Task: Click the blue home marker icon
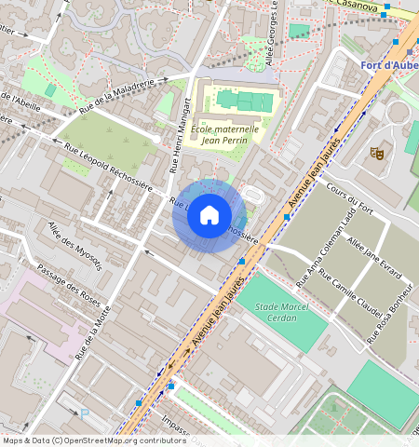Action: point(209,216)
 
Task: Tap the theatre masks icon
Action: point(378,152)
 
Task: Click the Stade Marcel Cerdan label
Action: point(282,312)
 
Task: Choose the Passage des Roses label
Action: point(67,284)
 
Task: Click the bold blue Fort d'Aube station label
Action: point(388,65)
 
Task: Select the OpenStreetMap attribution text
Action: point(81,440)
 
